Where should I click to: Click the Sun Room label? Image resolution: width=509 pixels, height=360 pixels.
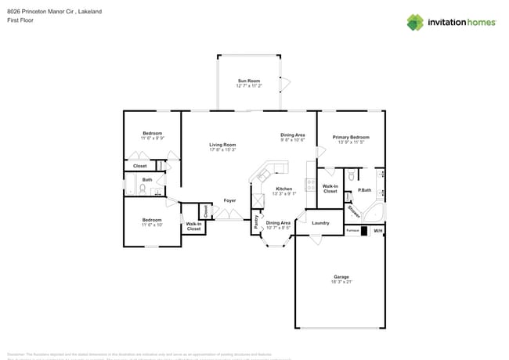click(x=249, y=81)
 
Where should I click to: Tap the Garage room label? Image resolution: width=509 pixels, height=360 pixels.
click(x=341, y=277)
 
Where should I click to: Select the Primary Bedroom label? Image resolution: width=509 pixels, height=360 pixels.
click(x=351, y=137)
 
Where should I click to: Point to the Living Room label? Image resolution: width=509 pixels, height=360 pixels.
click(x=222, y=144)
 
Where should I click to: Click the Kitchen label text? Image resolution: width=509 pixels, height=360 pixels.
click(x=283, y=189)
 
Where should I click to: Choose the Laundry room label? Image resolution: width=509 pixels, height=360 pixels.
click(x=320, y=223)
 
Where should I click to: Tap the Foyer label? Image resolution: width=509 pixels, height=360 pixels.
click(x=229, y=200)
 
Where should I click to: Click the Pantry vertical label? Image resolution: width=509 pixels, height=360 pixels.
click(x=256, y=221)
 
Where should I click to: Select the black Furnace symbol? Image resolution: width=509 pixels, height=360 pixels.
click(x=364, y=231)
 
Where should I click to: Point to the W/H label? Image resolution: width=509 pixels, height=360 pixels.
click(x=377, y=231)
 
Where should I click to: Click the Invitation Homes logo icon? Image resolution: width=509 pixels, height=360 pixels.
click(x=416, y=22)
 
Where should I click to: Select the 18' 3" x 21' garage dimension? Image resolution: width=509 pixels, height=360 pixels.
click(x=341, y=283)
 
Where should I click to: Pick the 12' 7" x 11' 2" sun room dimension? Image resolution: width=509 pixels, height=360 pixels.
click(x=249, y=86)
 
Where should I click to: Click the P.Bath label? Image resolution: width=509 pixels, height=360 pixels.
click(x=364, y=190)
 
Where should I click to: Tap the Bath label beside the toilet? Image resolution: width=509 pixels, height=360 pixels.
click(x=147, y=180)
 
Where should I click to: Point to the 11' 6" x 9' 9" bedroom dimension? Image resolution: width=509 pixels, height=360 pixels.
click(x=152, y=139)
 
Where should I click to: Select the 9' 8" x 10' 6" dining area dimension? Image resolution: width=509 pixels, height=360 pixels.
click(x=292, y=141)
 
